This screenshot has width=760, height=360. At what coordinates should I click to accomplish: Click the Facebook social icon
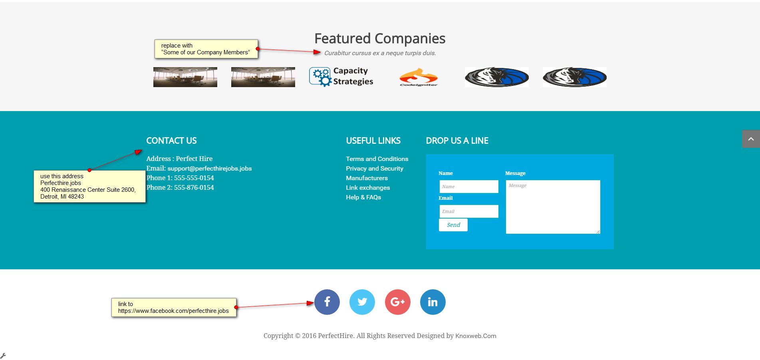(327, 302)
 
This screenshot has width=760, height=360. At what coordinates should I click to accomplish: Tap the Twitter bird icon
(362, 302)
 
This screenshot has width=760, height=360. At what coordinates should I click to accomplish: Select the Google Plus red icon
(397, 302)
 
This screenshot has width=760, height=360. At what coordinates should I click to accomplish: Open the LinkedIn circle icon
(433, 302)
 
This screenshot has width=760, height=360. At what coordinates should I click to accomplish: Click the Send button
(453, 225)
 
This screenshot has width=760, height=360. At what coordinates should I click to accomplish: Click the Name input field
(468, 187)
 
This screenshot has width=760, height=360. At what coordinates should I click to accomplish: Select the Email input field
(468, 211)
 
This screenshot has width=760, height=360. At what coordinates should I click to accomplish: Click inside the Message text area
(553, 207)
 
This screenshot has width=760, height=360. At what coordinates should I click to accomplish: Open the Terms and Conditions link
(377, 159)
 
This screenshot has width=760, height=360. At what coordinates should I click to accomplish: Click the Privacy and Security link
(374, 169)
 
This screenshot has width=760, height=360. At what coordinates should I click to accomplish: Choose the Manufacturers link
(367, 178)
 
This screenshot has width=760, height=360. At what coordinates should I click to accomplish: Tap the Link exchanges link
(368, 188)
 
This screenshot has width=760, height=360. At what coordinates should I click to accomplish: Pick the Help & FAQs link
(363, 197)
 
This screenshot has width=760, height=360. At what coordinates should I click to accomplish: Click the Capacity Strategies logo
(341, 77)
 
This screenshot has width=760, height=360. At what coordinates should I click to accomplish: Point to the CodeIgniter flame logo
(419, 77)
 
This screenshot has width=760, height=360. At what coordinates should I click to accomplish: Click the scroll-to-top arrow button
(751, 139)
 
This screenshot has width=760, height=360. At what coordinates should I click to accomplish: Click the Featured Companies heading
(379, 39)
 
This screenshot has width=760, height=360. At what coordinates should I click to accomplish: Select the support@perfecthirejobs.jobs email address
(209, 169)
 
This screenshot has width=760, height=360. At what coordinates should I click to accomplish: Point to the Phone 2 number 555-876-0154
(194, 188)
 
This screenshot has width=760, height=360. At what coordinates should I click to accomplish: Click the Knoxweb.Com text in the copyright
(476, 336)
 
